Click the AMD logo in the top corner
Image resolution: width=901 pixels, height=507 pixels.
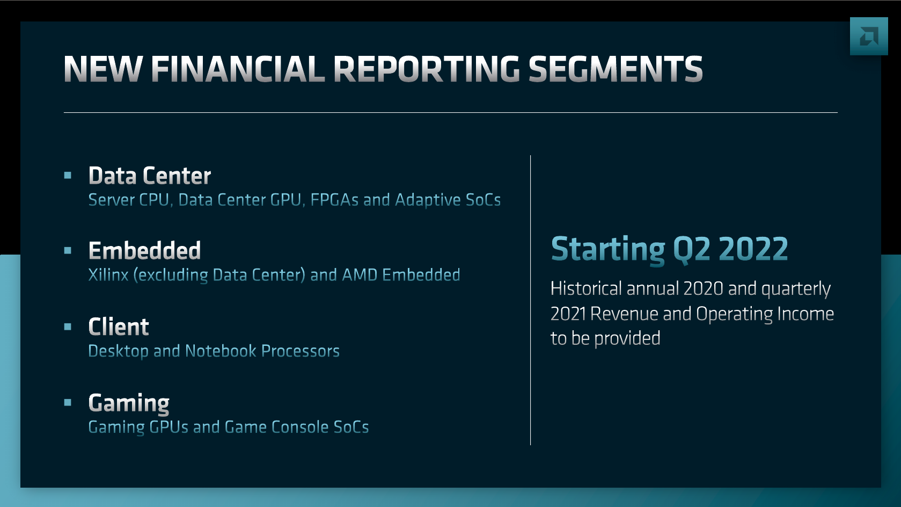click(x=869, y=36)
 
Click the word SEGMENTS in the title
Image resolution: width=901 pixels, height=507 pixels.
click(x=616, y=69)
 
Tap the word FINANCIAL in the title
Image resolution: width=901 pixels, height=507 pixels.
click(x=238, y=69)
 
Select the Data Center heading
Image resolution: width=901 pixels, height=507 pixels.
click(x=150, y=176)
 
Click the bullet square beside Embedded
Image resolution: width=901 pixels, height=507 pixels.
click(x=68, y=250)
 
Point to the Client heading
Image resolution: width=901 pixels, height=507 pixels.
click(x=119, y=327)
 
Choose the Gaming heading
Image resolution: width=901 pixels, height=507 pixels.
click(x=129, y=403)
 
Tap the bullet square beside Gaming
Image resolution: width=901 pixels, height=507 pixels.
click(x=68, y=402)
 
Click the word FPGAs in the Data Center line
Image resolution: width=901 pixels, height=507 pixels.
click(x=334, y=200)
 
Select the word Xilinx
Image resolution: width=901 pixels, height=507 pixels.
click(x=108, y=275)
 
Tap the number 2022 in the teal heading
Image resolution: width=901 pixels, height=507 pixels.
click(x=753, y=249)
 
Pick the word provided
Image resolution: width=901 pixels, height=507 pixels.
click(x=627, y=339)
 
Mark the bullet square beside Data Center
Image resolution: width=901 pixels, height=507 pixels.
click(x=68, y=175)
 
